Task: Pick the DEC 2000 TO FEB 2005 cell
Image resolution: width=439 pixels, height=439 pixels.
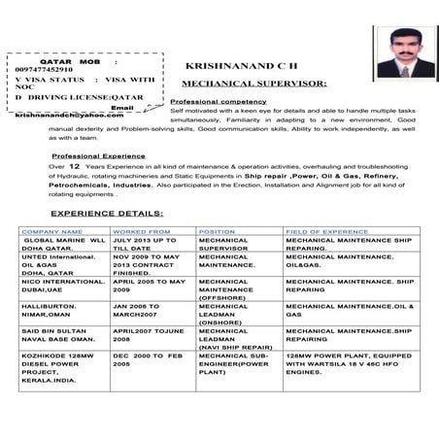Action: (148, 365)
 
